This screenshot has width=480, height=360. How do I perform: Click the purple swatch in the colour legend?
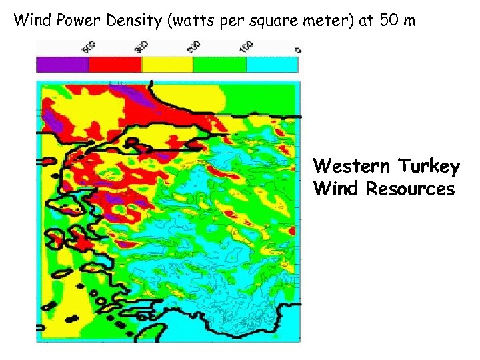tap(62, 64)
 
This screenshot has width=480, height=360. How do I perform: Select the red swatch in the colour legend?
tap(115, 64)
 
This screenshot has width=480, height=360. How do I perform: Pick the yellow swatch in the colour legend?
tap(167, 64)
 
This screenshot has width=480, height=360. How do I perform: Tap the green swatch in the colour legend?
tap(220, 64)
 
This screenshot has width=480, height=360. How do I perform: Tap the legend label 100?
tap(247, 47)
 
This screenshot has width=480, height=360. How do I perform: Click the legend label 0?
tap(298, 49)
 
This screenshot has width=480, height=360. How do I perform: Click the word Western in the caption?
tap(352, 165)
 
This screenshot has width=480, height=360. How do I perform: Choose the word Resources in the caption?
tap(410, 189)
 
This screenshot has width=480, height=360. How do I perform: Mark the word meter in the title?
tap(332, 20)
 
